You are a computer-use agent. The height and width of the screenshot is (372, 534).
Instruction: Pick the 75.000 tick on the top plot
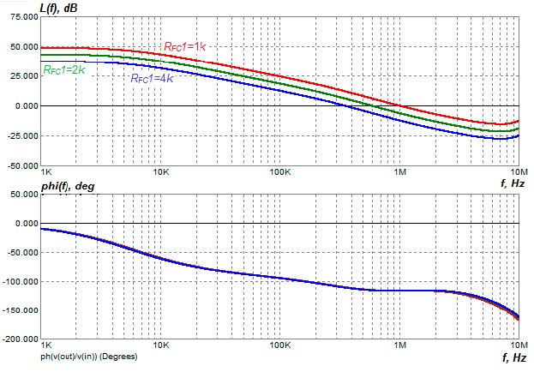coord(20,17)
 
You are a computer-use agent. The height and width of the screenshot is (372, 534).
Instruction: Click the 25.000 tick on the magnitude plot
coord(20,76)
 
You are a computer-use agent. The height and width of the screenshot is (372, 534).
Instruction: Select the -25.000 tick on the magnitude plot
coord(19,135)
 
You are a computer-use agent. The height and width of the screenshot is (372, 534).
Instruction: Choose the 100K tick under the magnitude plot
coord(280,171)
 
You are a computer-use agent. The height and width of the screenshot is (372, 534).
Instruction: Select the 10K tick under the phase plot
coord(161,345)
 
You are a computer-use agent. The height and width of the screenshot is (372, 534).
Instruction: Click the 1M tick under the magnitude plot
coord(399,171)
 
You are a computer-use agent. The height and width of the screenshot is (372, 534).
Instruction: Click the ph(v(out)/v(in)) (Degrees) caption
coord(96,355)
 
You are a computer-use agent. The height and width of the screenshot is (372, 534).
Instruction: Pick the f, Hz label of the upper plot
coord(512,183)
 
